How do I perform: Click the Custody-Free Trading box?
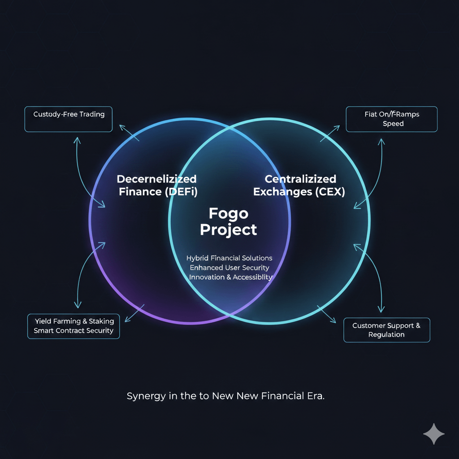click(69, 119)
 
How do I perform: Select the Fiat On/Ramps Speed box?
click(391, 119)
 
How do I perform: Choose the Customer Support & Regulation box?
click(386, 330)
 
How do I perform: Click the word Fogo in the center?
click(228, 213)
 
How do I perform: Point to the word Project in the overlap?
click(228, 229)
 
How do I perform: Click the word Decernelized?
click(156, 179)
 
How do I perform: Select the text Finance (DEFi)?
click(157, 192)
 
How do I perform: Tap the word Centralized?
click(300, 179)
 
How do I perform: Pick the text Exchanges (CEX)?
click(299, 192)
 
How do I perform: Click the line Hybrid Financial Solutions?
click(229, 258)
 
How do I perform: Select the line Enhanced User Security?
click(229, 268)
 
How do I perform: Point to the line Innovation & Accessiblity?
click(230, 277)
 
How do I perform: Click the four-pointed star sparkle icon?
click(434, 434)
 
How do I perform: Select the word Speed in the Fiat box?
click(393, 124)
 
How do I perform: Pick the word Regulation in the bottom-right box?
click(386, 335)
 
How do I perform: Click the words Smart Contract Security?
click(74, 331)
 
